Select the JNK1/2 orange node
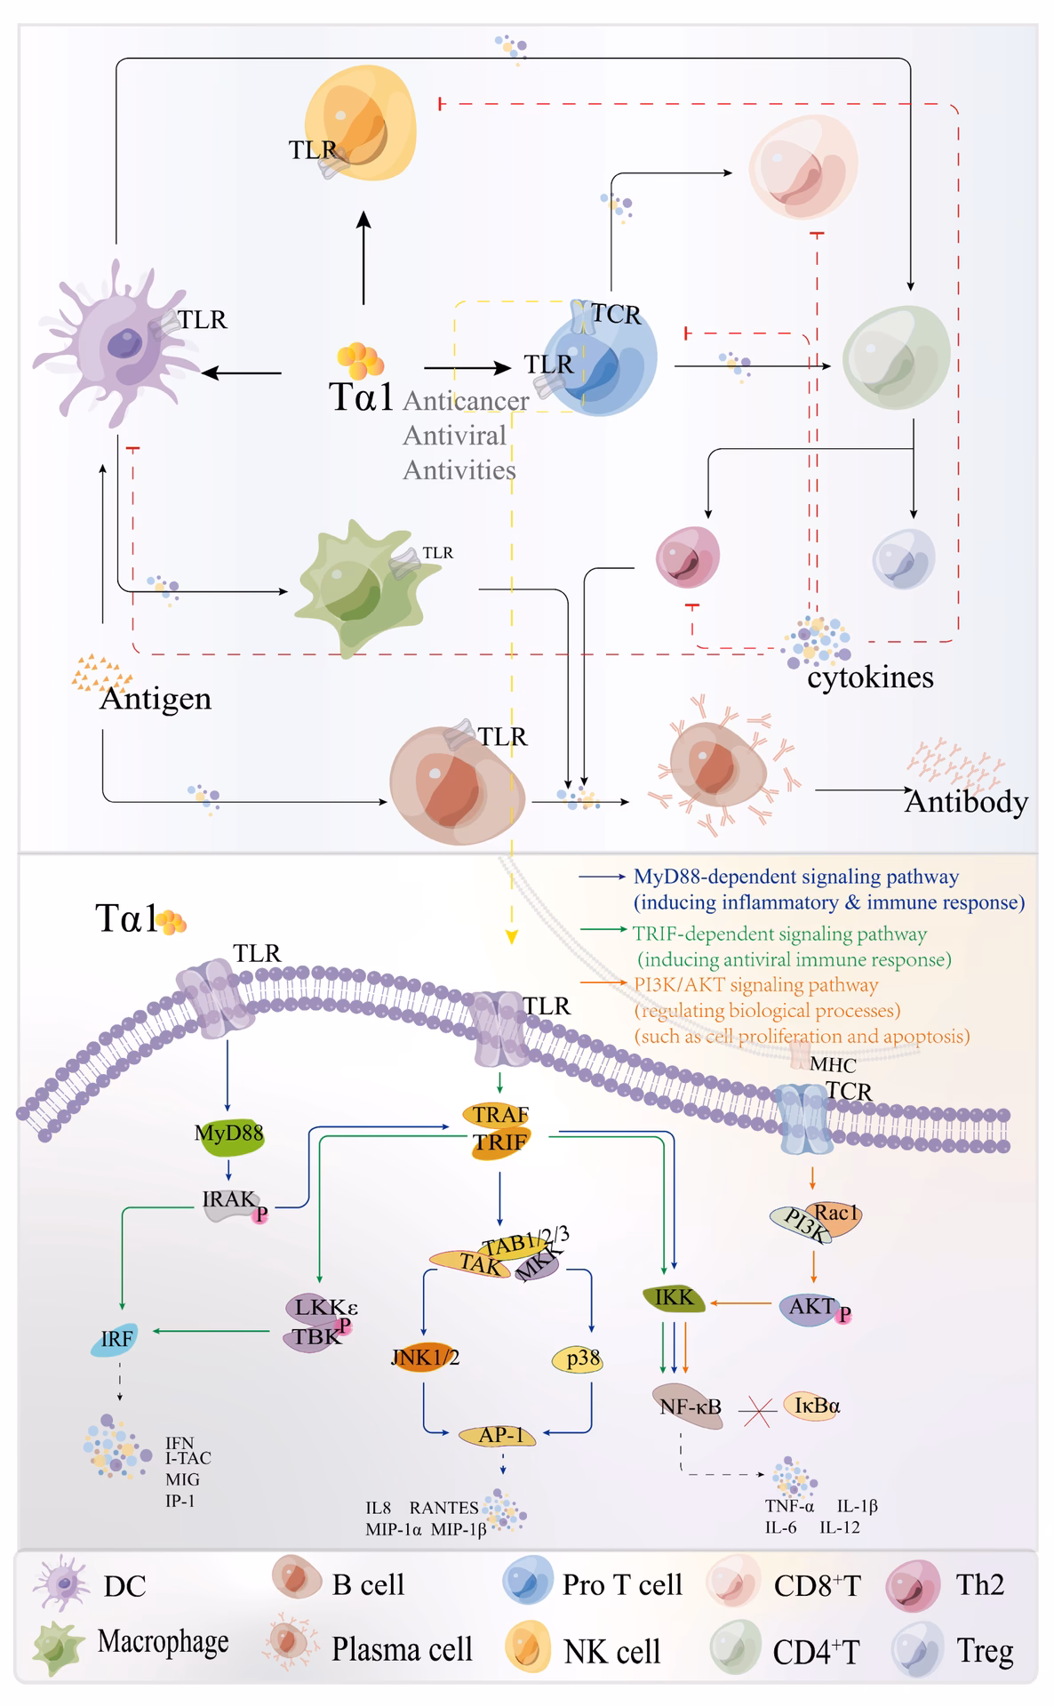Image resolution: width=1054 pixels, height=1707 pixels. coord(424,1358)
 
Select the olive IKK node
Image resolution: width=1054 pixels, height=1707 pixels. coord(674,1298)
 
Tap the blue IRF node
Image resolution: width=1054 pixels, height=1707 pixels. coord(116,1339)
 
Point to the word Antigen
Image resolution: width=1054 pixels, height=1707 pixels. coord(156,699)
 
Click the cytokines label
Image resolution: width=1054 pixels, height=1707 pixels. coord(870,677)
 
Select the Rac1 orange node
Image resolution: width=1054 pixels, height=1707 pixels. coord(837,1214)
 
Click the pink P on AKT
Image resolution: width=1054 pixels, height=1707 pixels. coord(844,1313)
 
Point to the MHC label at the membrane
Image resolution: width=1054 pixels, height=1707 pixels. coord(832,1065)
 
